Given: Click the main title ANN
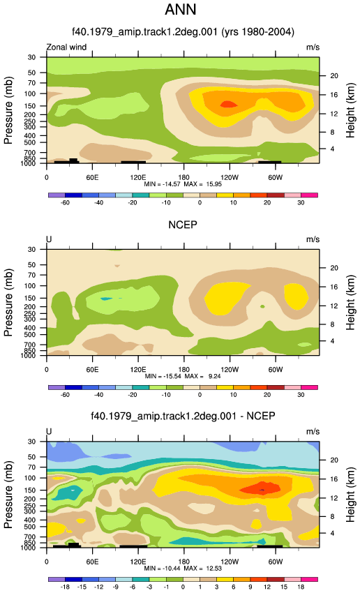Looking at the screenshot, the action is coord(181,10).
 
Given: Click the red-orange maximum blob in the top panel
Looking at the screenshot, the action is coord(227,104).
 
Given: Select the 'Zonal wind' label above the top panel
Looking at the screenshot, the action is coord(66,47).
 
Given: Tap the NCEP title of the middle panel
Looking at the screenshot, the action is coord(183,225).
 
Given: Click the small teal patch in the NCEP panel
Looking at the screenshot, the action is coord(106,299).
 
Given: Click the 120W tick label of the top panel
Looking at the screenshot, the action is coord(230,177).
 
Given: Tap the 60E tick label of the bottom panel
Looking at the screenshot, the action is coord(92,562).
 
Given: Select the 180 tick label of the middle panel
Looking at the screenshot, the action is coord(183,370).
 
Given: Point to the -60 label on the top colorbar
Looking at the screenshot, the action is coord(65,203).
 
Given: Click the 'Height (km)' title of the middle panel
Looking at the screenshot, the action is coord(350,302).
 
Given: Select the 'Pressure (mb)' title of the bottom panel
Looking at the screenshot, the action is coord(8,495).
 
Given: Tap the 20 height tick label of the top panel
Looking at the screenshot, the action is coord(334,75).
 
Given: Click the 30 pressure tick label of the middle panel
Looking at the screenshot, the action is coord(32,249).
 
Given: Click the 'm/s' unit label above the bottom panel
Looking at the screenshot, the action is coord(313,432).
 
